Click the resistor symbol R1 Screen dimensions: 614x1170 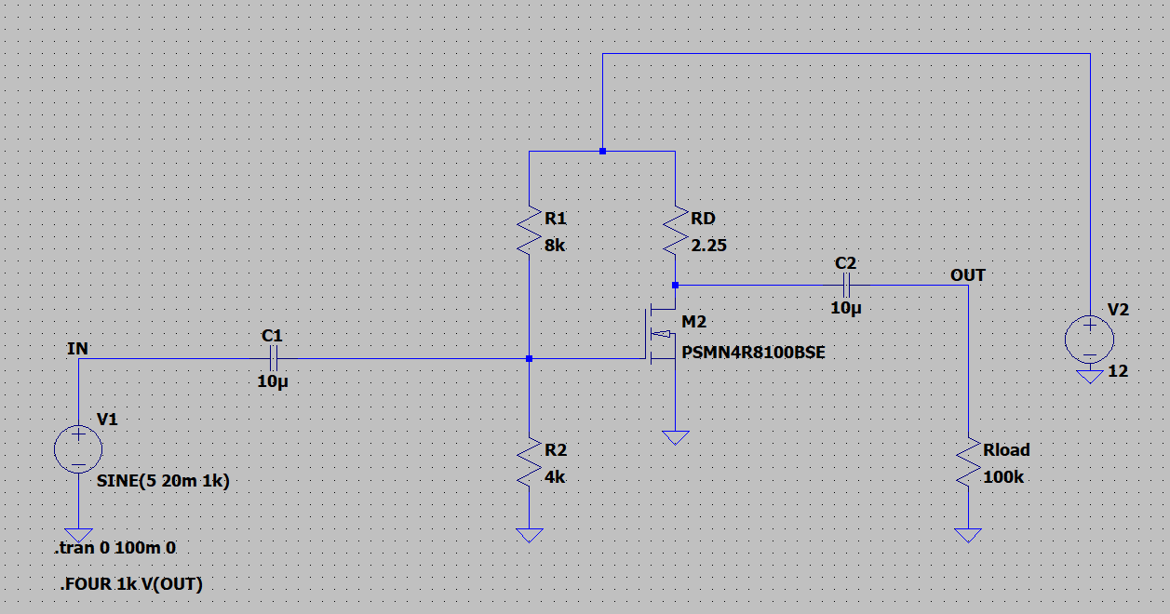coord(529,230)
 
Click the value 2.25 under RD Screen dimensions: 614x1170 coord(708,247)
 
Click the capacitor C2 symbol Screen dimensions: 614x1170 coord(847,285)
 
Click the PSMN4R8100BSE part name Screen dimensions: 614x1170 coord(753,354)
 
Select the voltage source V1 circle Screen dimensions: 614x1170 coord(79,450)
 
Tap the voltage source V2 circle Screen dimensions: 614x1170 coord(1089,339)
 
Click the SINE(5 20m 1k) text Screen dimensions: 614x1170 coord(163,482)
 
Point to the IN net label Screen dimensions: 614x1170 coord(78,349)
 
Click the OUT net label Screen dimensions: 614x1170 coord(967,275)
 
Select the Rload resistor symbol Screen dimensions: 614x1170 coord(969,462)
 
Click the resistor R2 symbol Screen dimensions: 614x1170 coord(529,462)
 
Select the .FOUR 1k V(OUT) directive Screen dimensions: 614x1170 coord(131,584)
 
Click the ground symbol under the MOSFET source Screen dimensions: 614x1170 coord(676,437)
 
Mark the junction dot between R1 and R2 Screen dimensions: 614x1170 coord(529,358)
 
